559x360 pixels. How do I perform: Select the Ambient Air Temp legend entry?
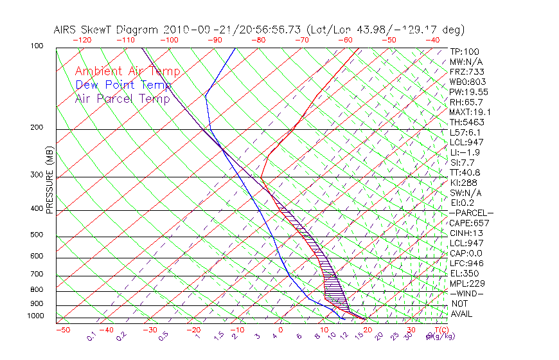tap(127, 72)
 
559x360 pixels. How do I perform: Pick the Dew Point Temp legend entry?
tap(123, 85)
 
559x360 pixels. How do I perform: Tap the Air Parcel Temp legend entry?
tap(122, 98)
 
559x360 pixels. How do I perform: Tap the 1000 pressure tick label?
tap(35, 316)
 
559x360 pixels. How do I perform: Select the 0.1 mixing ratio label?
tap(92, 335)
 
